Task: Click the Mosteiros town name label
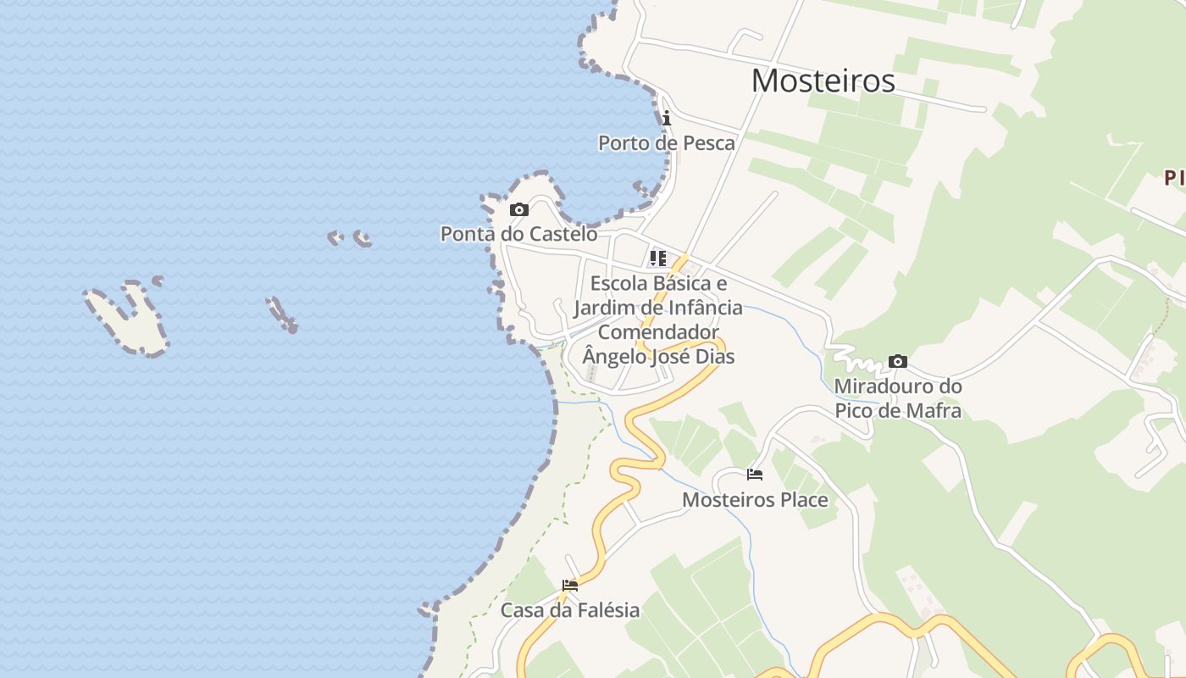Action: (823, 81)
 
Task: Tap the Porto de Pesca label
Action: (667, 142)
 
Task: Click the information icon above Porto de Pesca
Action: (667, 118)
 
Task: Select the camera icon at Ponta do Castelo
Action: (519, 209)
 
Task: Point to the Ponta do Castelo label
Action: (518, 233)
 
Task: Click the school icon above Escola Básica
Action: (658, 258)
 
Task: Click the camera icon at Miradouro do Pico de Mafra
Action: (898, 362)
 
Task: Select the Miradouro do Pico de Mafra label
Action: (898, 398)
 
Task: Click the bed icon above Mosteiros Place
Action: (755, 475)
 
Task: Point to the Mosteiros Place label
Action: (755, 499)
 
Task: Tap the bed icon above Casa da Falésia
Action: (570, 585)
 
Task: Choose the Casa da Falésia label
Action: (570, 609)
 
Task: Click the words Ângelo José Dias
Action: (658, 356)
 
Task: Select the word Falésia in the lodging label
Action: (605, 609)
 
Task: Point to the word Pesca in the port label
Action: (707, 142)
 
